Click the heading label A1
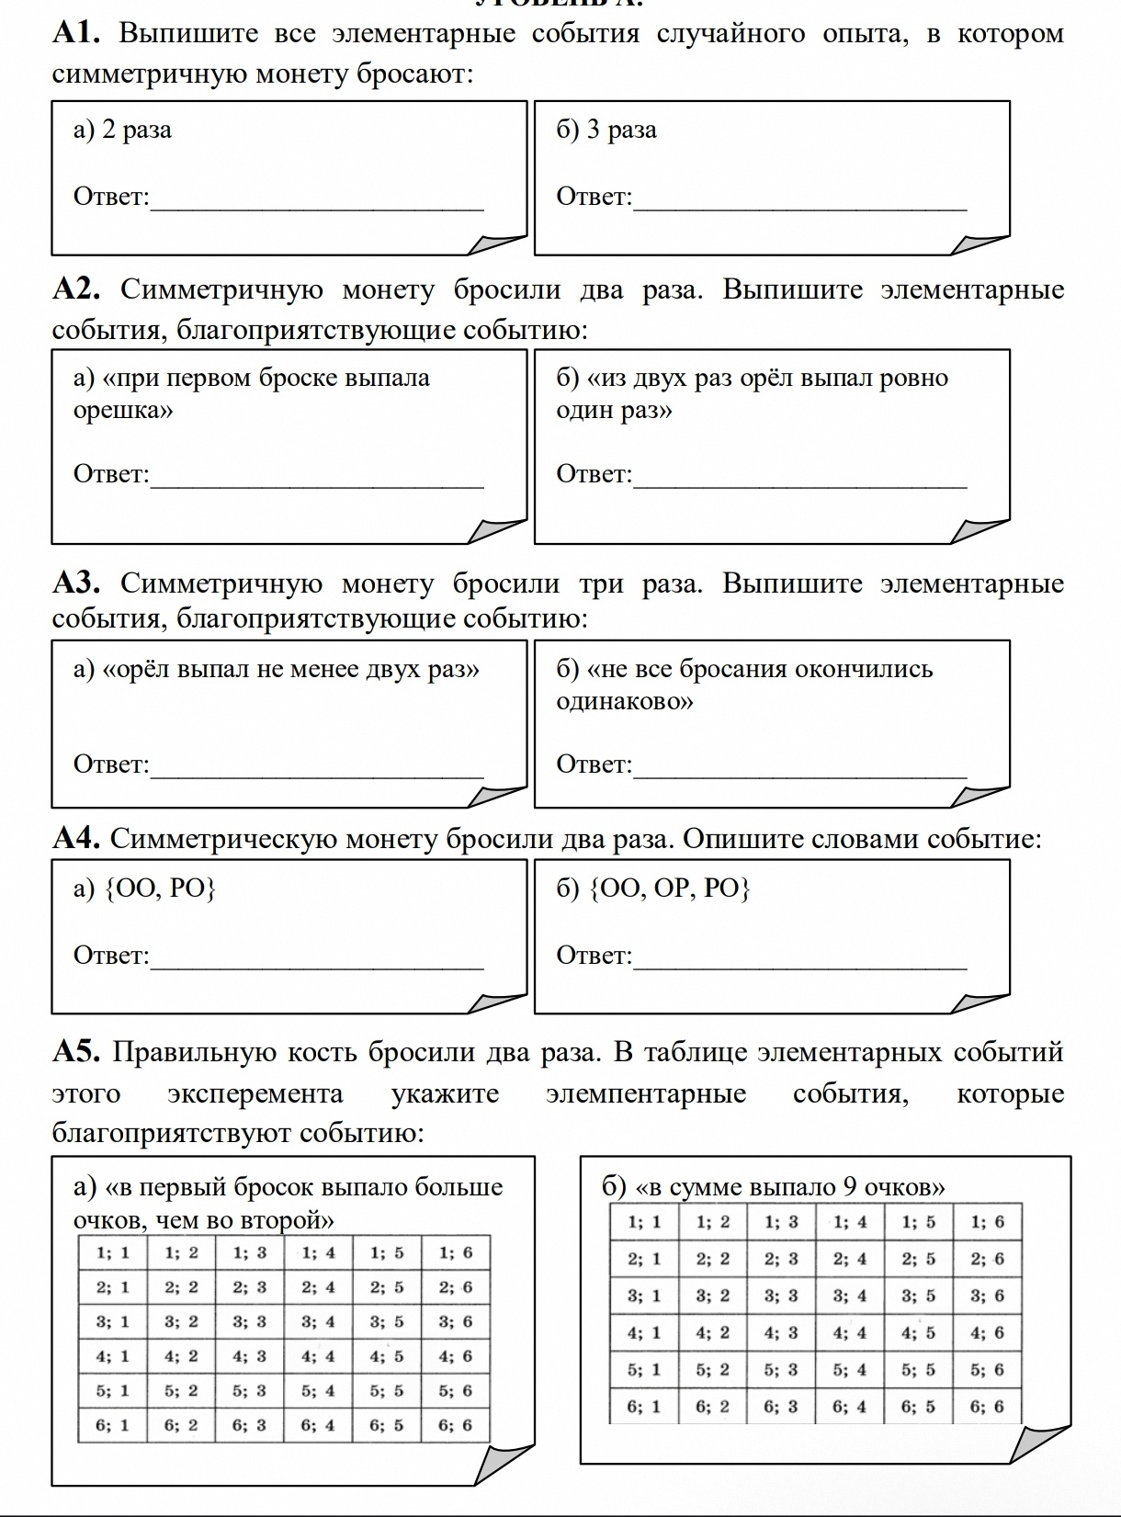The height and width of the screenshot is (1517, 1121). (76, 34)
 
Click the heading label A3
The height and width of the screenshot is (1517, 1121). (76, 583)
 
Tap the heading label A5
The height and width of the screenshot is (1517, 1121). (76, 1052)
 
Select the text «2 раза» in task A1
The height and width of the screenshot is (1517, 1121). (137, 130)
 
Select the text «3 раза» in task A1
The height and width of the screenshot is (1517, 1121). (622, 130)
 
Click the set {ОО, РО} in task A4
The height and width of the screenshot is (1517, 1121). (161, 888)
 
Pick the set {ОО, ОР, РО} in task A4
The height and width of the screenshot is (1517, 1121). (670, 888)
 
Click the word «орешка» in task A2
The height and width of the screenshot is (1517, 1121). (123, 410)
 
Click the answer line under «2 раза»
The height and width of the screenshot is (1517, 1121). (317, 208)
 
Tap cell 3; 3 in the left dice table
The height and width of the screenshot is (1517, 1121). (249, 1321)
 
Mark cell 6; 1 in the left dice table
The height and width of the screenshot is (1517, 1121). (112, 1425)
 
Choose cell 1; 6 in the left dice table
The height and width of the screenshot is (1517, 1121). (455, 1252)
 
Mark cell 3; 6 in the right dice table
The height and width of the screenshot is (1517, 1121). (987, 1296)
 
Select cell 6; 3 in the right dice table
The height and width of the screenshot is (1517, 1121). (781, 1406)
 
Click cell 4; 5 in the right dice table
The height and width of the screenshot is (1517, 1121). (918, 1332)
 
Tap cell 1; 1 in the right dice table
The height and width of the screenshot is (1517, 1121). (644, 1222)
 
